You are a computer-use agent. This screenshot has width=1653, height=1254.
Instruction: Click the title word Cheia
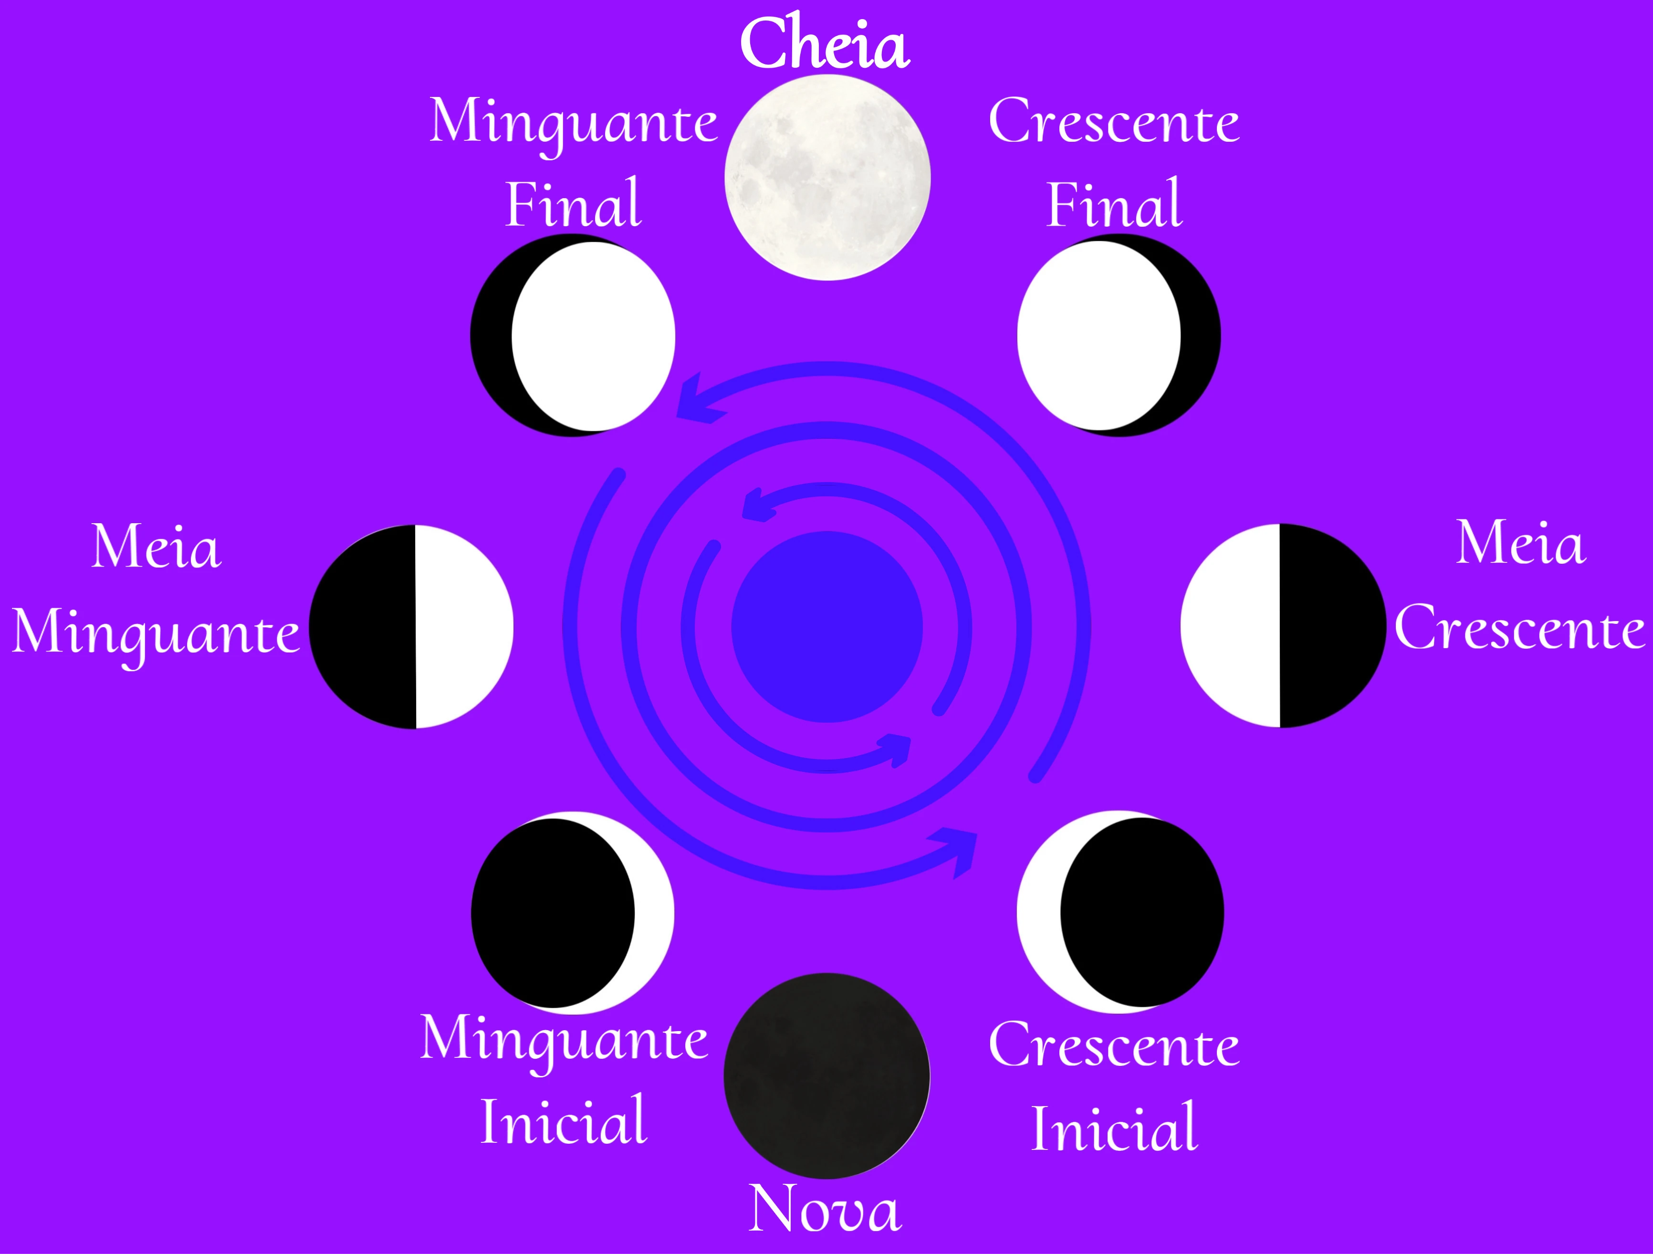click(825, 43)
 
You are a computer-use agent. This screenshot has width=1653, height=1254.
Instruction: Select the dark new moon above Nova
click(826, 1075)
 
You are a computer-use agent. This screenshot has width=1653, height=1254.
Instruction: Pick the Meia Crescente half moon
click(1283, 625)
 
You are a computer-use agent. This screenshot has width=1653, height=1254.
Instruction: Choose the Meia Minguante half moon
click(412, 626)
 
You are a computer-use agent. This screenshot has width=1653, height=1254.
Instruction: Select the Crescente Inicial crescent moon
click(1119, 912)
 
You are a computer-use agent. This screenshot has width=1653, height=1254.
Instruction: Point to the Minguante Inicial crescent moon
click(573, 913)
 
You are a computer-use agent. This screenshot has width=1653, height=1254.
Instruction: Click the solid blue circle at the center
click(826, 626)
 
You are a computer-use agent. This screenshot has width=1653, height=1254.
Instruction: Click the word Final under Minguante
click(573, 203)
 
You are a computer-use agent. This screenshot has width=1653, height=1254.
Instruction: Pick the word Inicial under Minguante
click(564, 1121)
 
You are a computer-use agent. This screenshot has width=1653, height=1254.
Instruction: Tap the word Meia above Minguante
click(156, 546)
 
